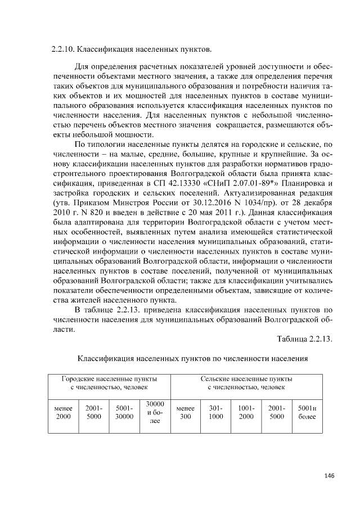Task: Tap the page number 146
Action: [329, 476]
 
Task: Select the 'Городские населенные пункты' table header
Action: [109, 383]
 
